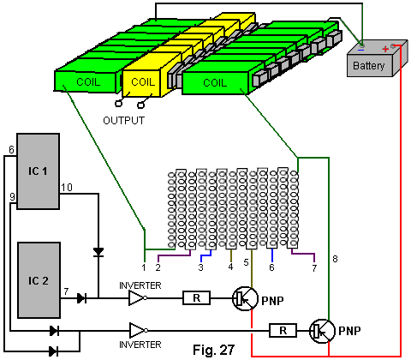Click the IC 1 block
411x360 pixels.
coord(39,171)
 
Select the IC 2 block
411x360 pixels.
coord(39,280)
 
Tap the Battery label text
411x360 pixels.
coord(369,66)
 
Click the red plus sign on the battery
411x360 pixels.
coord(385,49)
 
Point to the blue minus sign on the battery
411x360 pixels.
coord(360,51)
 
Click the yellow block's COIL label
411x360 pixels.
coord(143,82)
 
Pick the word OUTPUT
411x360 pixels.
coord(124,121)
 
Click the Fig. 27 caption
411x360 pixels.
coord(214,350)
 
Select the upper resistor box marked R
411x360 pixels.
coord(196,298)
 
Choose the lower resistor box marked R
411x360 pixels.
coord(283,331)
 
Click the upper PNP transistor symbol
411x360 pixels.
coord(245,299)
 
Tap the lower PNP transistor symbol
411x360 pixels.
coord(322,332)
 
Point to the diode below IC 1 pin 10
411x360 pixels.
coord(98,252)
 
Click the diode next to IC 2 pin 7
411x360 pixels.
coord(82,298)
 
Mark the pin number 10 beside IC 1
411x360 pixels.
coord(67,188)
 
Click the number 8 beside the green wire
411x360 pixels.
coord(335,259)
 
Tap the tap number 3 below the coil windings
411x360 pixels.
coord(201,267)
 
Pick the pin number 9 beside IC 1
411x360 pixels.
coord(12,197)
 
